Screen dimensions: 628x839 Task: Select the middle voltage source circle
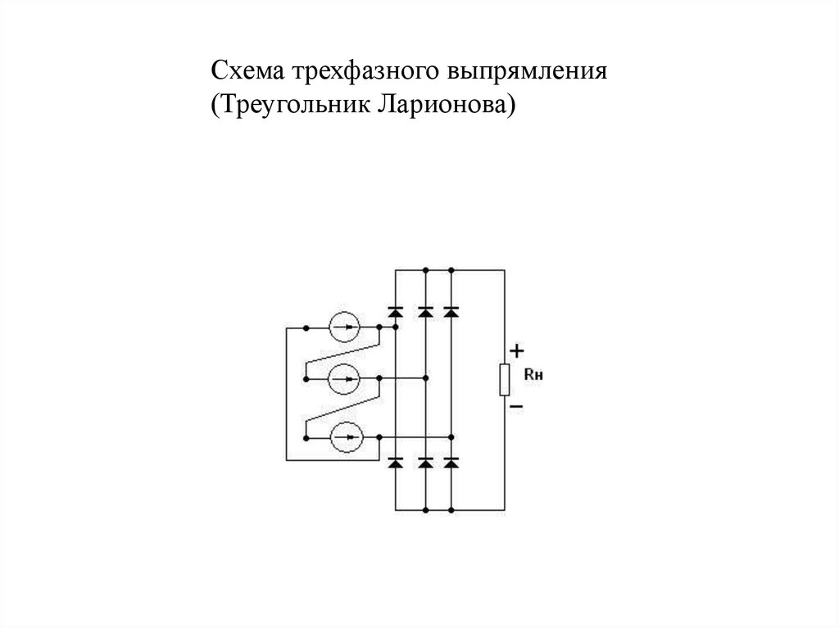pos(344,378)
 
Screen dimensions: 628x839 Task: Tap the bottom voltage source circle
pos(344,436)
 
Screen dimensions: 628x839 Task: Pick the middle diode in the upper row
pos(425,311)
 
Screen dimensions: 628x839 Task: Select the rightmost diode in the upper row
pos(451,311)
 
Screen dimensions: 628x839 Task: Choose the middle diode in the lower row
pos(425,463)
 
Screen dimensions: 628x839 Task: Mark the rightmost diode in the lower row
pos(451,463)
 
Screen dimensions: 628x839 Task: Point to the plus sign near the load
pos(517,350)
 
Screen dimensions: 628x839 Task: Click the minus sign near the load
pos(517,405)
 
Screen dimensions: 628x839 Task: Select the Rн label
pos(533,376)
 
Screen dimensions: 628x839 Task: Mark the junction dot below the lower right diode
pos(451,509)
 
